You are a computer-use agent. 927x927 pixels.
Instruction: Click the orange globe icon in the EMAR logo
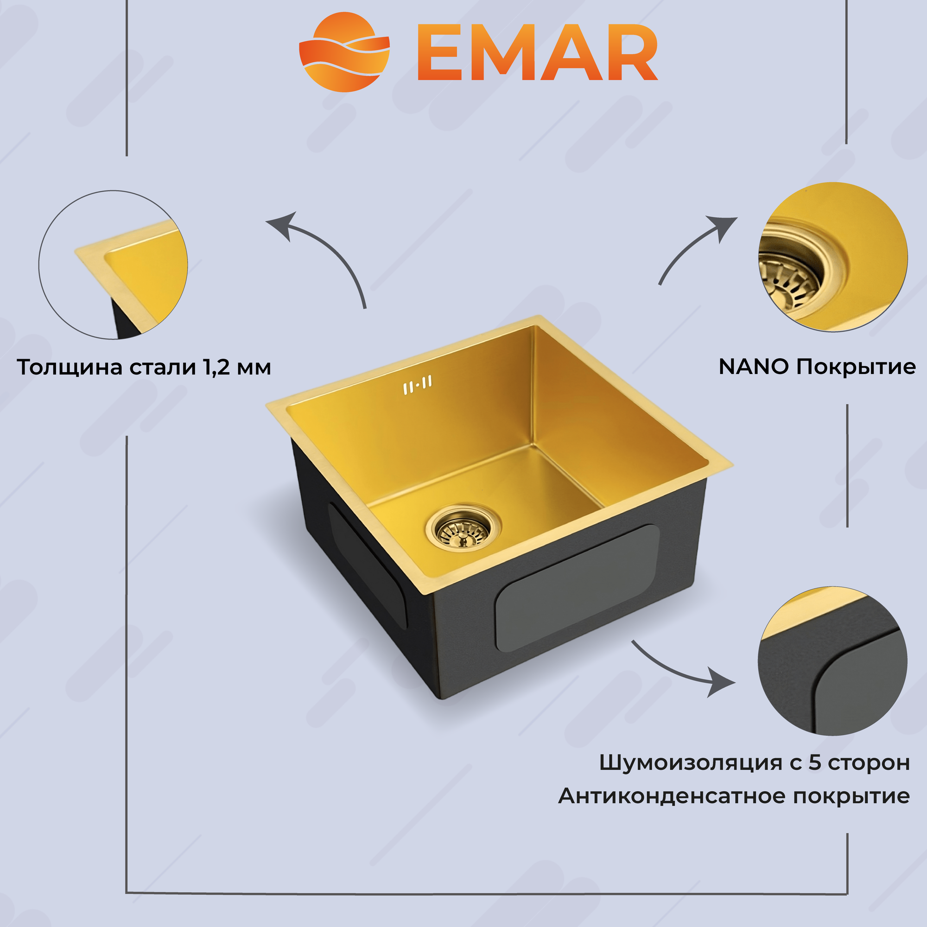point(343,52)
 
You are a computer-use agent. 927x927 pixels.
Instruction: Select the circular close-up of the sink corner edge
point(113,265)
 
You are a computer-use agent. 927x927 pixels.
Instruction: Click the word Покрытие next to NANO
point(856,367)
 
